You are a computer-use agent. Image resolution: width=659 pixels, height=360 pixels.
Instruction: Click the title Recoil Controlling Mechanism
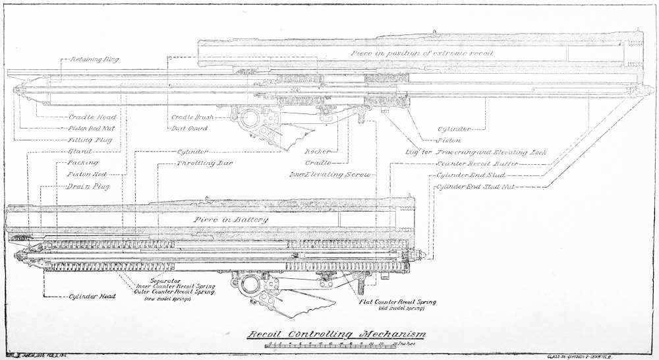[336, 334]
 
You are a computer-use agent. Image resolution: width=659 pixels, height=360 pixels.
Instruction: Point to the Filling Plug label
[90, 140]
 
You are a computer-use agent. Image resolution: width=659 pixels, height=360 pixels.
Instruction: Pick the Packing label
[82, 162]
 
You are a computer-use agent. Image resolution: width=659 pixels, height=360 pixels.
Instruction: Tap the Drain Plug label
[87, 186]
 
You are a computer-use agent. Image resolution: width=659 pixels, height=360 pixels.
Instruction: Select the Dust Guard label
[189, 128]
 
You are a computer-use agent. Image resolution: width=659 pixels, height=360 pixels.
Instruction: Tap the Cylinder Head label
[93, 297]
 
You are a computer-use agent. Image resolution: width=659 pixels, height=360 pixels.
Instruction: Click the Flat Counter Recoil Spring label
[396, 302]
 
